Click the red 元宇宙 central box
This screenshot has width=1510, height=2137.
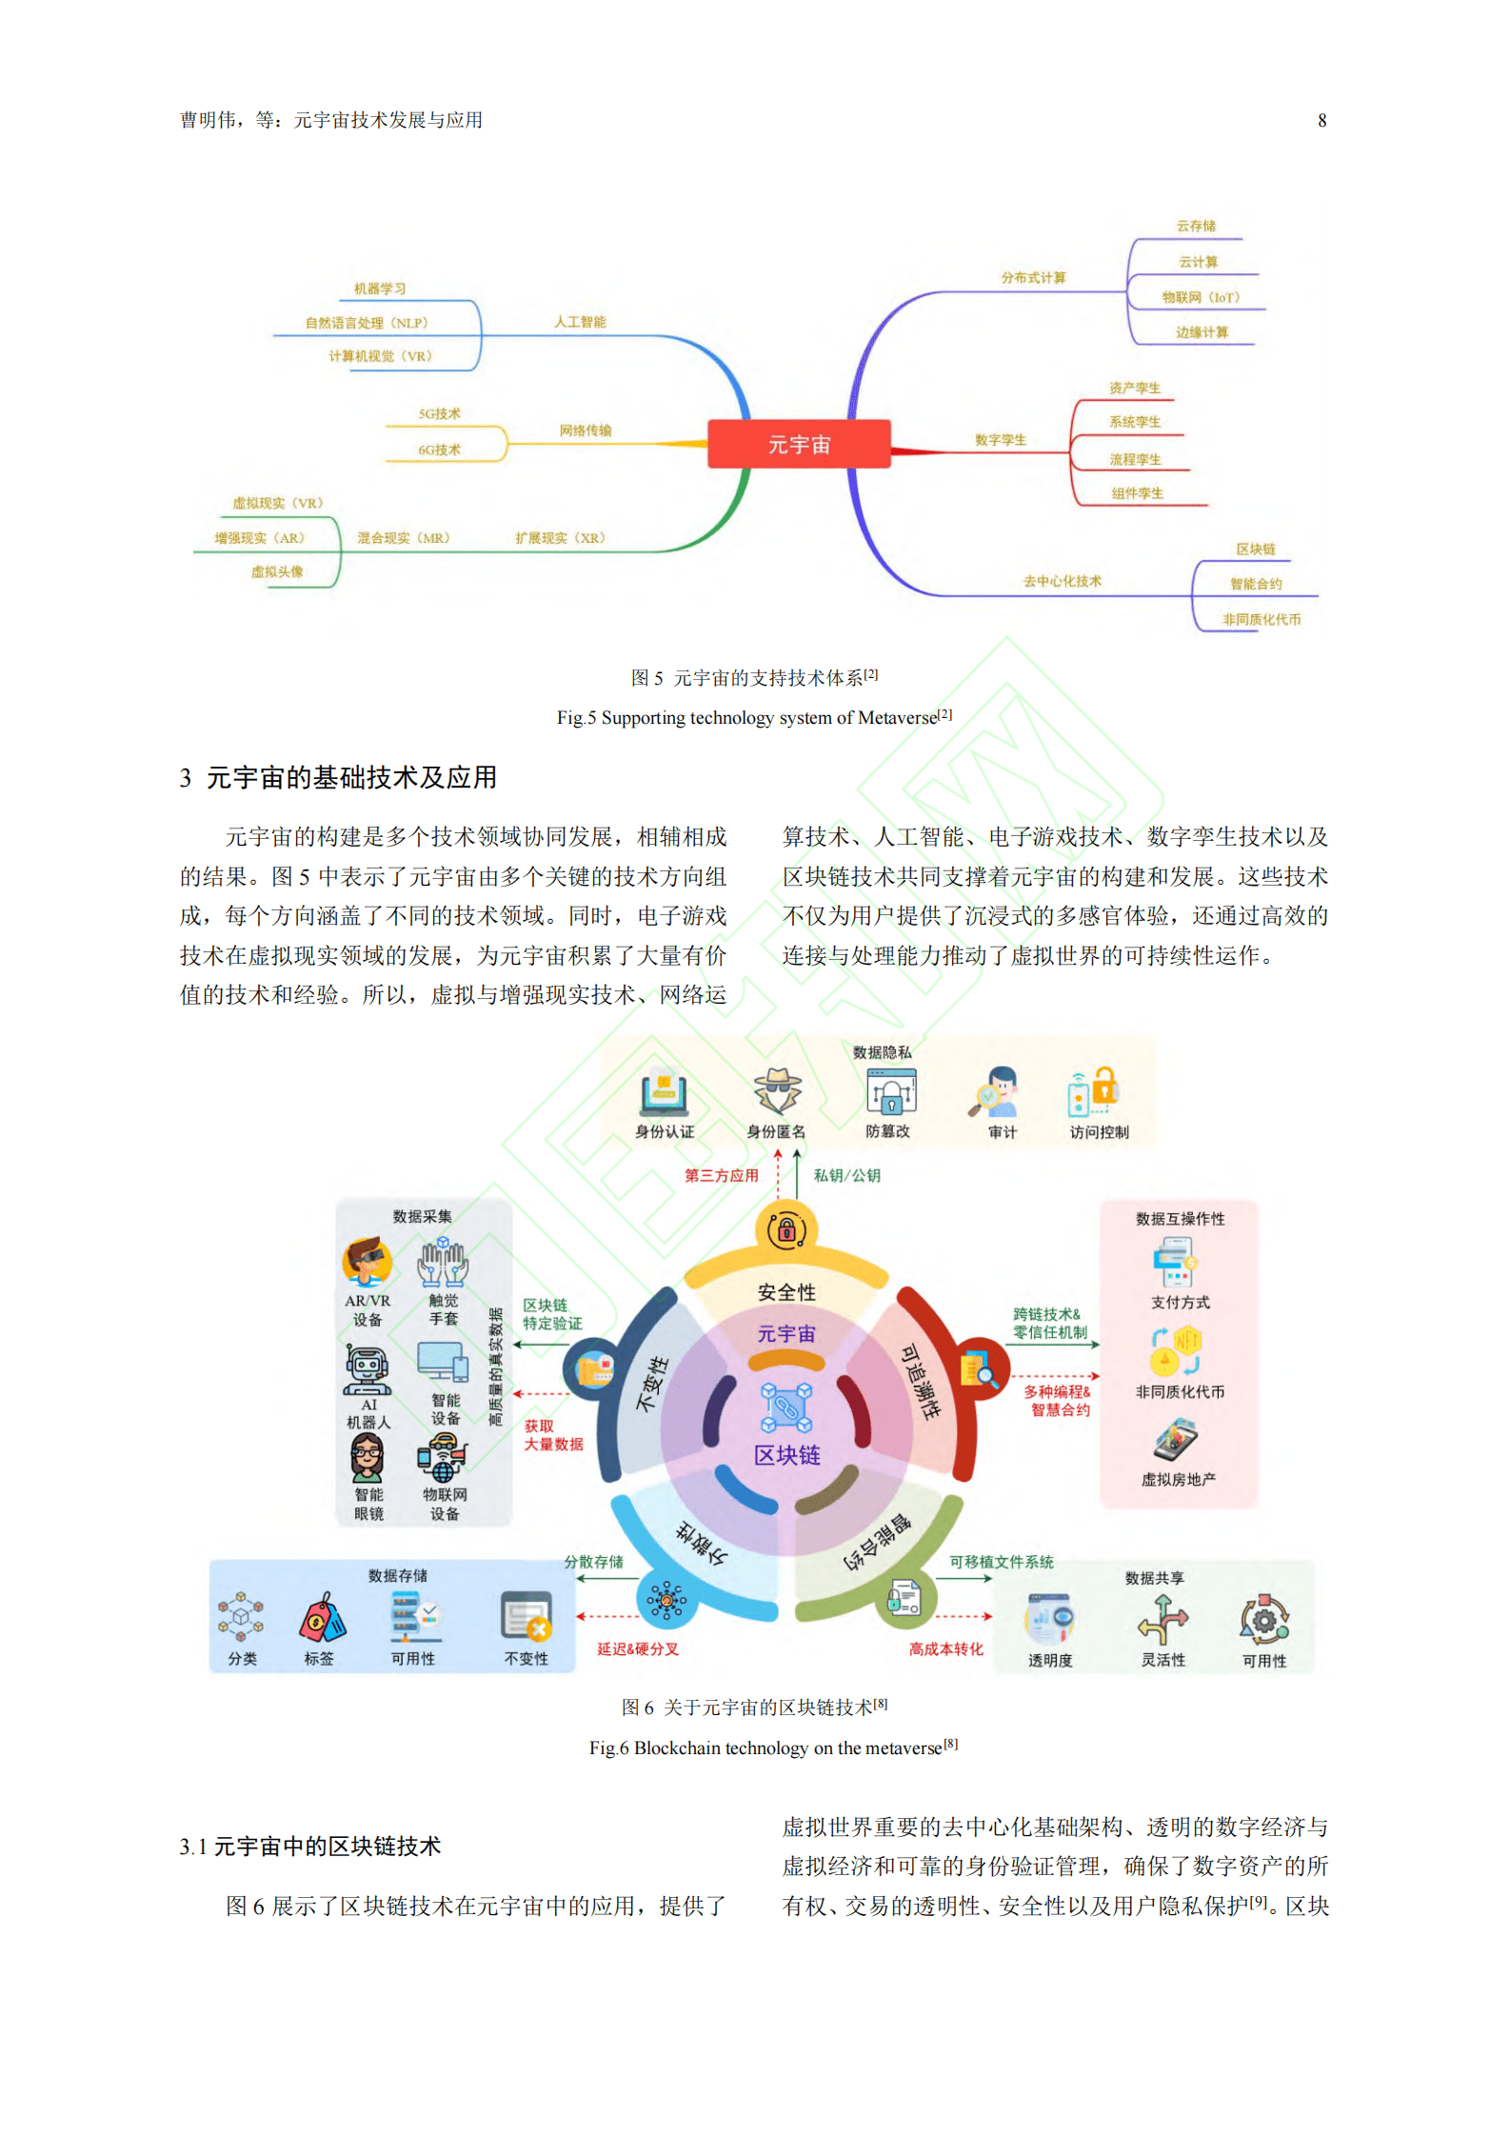[798, 444]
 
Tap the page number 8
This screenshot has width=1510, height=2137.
[1321, 121]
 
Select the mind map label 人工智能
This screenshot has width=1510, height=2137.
[580, 322]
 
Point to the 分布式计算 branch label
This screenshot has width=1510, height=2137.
[1032, 278]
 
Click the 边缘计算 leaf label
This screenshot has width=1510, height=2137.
[1202, 332]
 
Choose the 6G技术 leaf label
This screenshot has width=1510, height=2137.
[439, 449]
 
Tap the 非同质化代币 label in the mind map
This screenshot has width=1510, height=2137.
[1261, 620]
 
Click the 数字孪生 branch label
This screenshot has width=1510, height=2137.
[1000, 440]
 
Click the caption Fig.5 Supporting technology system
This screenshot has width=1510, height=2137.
[753, 718]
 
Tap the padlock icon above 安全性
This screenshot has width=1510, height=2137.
[786, 1229]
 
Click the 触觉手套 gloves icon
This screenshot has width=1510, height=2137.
[443, 1263]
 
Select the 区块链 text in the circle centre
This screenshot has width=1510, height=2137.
[786, 1455]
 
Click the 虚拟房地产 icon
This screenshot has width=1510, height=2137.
[1177, 1439]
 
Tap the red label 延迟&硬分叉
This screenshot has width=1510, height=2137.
[637, 1649]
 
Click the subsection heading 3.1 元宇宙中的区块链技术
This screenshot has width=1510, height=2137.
[310, 1847]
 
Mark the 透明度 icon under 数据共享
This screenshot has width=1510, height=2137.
[1049, 1619]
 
